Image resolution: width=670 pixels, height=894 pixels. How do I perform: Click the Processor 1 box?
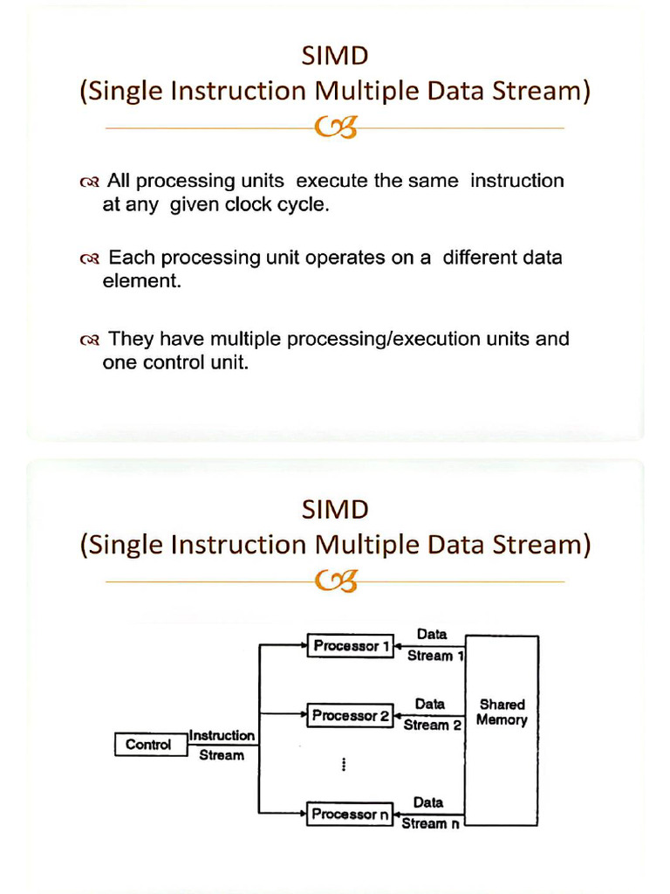pos(350,647)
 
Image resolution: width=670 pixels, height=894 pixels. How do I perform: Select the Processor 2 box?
pos(350,716)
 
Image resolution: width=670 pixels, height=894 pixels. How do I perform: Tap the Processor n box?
pos(350,815)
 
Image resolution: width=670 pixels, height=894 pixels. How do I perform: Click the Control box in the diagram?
pos(148,745)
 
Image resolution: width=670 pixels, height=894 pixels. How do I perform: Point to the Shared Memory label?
pos(502,712)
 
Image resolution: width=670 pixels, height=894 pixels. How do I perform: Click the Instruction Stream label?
pos(222,746)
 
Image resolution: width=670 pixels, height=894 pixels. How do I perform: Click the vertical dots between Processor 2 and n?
pos(345,765)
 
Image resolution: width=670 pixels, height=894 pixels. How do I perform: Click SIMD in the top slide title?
pos(334,57)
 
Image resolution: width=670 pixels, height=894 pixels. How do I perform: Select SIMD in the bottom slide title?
pos(334,509)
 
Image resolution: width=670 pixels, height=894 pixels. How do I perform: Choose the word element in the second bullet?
pos(141,282)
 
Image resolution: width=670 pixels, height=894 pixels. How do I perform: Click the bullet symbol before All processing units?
pos(89,183)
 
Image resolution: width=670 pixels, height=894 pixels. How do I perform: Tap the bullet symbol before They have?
pos(89,340)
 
